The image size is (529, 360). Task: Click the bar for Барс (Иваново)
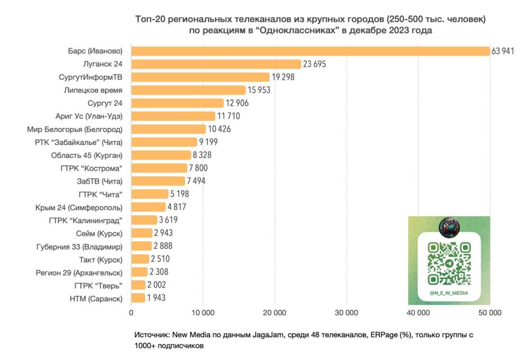pos(311,51)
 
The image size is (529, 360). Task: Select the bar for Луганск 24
pos(216,64)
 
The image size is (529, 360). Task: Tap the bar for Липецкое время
pos(188,90)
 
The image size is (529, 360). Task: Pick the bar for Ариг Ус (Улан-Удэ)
pos(173,116)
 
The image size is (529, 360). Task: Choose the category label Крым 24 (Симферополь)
pos(79,207)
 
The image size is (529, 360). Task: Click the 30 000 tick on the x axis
pos(346,313)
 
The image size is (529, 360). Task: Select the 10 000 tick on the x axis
pos(203,313)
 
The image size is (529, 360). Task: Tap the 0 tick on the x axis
pos(131,313)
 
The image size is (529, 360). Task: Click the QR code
pos(449,263)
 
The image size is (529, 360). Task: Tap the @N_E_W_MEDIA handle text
pos(449,292)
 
